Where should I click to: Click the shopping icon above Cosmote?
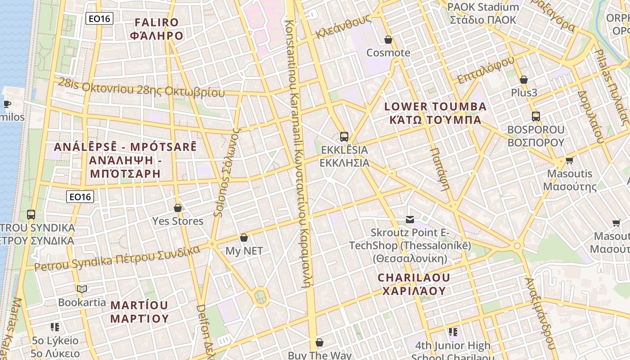[388, 40]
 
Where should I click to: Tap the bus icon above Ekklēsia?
[344, 137]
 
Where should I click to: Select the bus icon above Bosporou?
[536, 117]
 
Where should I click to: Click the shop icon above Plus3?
[524, 80]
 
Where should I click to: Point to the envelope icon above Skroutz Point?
[410, 220]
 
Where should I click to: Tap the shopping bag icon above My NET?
[244, 238]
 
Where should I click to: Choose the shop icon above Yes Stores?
[178, 208]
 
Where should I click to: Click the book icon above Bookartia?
[81, 289]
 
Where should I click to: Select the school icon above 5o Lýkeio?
[55, 327]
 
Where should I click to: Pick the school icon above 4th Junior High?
[453, 332]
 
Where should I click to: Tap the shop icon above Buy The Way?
[319, 343]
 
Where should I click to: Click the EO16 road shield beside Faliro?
[99, 18]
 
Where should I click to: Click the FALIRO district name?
[157, 29]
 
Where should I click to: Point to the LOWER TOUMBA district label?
[435, 113]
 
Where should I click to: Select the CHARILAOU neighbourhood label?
[414, 284]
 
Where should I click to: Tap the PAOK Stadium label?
[483, 13]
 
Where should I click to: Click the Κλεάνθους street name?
[343, 27]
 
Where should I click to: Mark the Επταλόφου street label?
[486, 70]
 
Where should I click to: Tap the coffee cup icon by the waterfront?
[7, 104]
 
